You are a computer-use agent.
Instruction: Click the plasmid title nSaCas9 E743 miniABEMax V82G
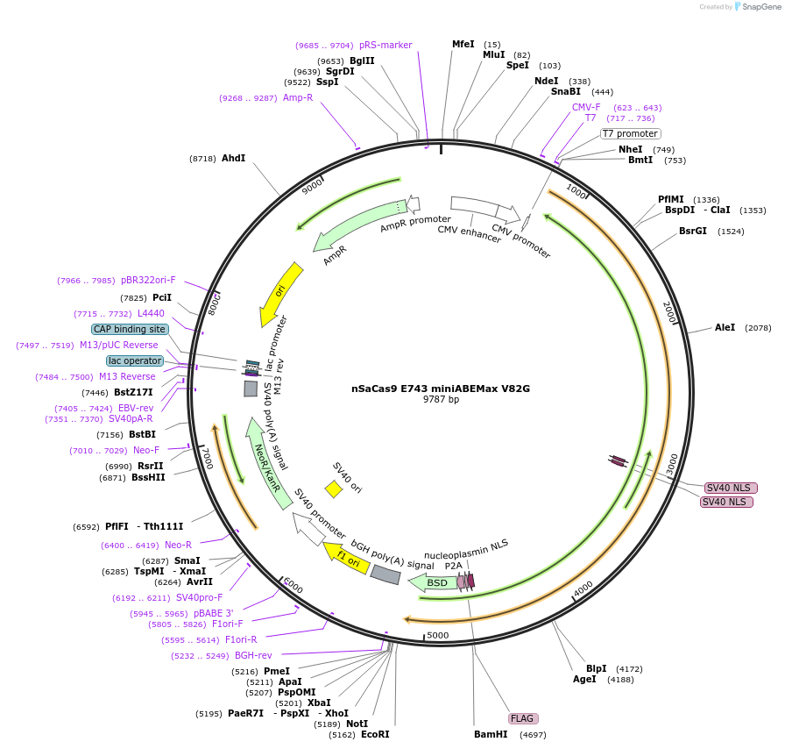click(441, 388)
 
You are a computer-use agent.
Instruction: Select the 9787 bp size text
click(441, 400)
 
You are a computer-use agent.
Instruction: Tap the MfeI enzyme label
click(463, 44)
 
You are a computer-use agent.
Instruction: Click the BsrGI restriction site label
click(692, 232)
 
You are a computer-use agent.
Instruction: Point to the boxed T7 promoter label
click(629, 133)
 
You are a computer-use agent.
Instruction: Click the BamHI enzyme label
click(491, 734)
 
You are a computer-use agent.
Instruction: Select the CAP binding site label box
click(130, 329)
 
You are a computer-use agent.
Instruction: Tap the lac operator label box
click(135, 360)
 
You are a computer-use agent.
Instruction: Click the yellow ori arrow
click(280, 293)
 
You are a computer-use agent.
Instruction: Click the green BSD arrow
click(435, 582)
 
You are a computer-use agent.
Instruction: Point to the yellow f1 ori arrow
click(347, 559)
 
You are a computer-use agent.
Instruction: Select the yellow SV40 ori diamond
click(333, 489)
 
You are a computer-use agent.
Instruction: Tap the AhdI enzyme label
click(233, 159)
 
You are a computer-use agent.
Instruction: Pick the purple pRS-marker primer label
click(385, 45)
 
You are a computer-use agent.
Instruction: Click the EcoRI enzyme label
click(375, 734)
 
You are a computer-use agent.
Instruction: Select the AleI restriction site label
click(725, 327)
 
